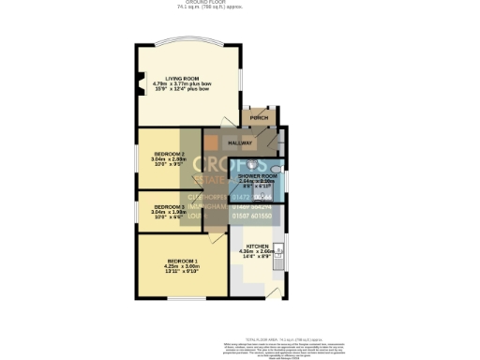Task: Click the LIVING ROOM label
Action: [x=184, y=79]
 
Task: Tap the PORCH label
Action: [x=258, y=118]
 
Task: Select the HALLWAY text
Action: [x=241, y=142]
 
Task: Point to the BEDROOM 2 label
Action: [x=170, y=154]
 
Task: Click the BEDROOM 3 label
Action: [x=170, y=206]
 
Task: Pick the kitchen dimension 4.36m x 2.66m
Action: [x=256, y=250]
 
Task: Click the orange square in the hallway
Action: [x=213, y=142]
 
